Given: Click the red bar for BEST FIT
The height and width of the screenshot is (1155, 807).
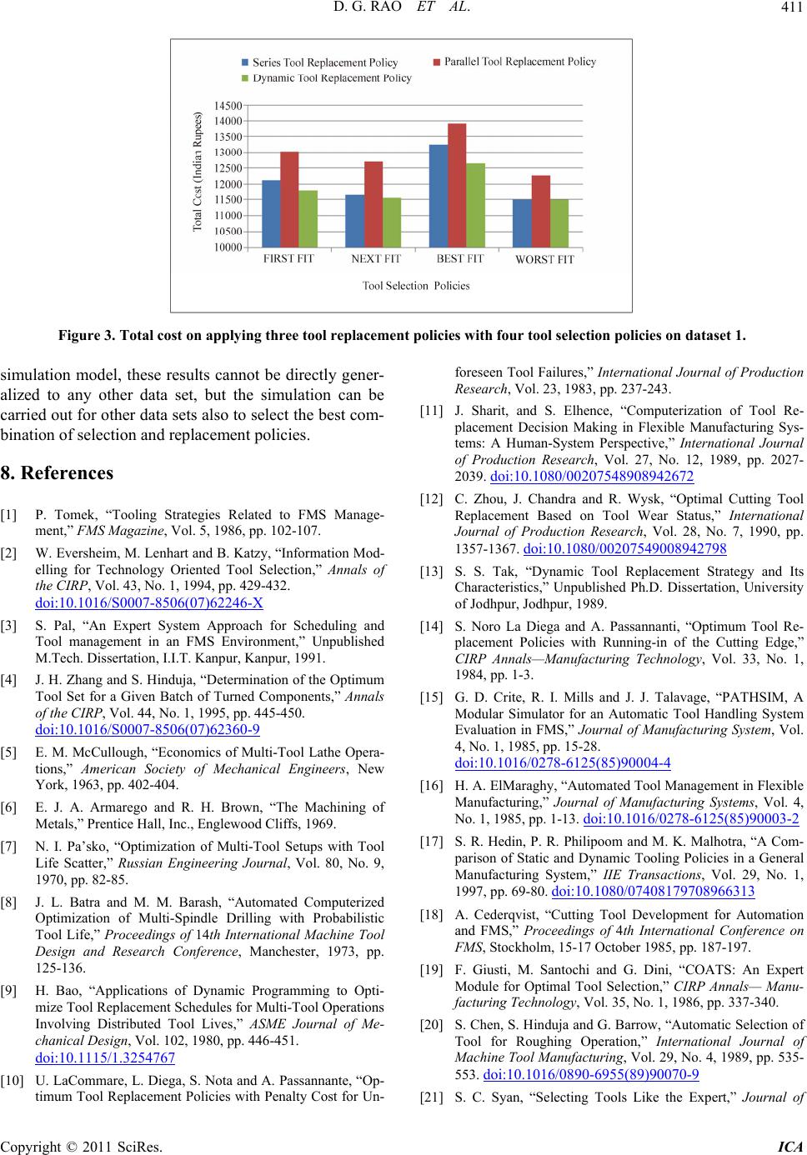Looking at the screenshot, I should (x=456, y=185).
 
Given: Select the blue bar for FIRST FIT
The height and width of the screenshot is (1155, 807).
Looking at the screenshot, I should (x=271, y=213).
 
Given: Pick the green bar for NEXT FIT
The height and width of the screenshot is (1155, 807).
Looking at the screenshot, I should (x=391, y=222).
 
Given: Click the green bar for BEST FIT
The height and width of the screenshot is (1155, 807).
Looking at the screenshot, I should (x=475, y=205).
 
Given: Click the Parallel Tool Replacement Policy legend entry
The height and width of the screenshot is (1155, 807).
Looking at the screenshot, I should (x=514, y=62).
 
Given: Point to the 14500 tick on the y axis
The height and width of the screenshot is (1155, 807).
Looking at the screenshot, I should (x=228, y=105).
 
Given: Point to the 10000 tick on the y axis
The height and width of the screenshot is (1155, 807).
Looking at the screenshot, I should (x=228, y=247).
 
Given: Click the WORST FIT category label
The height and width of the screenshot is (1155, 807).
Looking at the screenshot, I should (x=544, y=259).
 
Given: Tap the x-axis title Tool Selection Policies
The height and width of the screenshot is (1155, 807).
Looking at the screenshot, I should (x=416, y=286).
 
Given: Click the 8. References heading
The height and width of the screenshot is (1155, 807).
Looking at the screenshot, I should (x=58, y=472).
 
